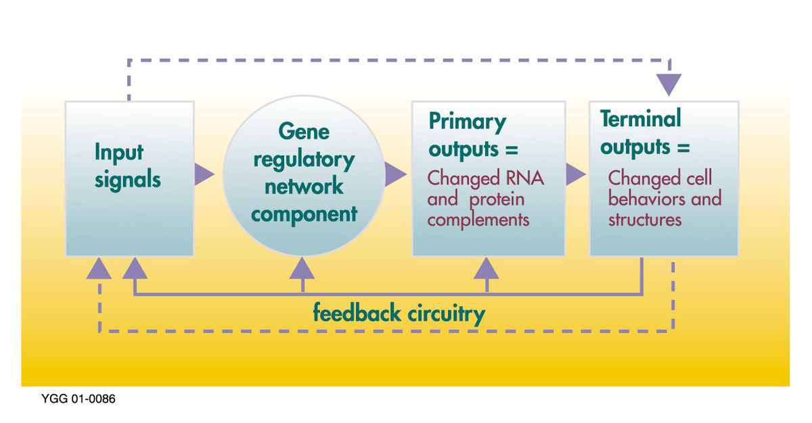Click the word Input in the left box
pyautogui.click(x=119, y=152)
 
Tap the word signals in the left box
pyautogui.click(x=128, y=180)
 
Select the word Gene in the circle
pyautogui.click(x=304, y=131)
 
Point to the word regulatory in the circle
pyautogui.click(x=304, y=159)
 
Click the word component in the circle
pyautogui.click(x=304, y=215)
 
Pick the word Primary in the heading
pyautogui.click(x=468, y=122)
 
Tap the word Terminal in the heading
pyautogui.click(x=641, y=118)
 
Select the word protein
pyautogui.click(x=497, y=200)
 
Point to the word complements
pyautogui.click(x=478, y=220)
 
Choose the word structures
pyautogui.click(x=645, y=220)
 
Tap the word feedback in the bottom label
pyautogui.click(x=357, y=313)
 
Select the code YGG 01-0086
pyautogui.click(x=78, y=399)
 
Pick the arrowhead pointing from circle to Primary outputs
pyautogui.click(x=395, y=174)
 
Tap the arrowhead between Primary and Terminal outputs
pyautogui.click(x=575, y=174)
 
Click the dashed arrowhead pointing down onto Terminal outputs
pyautogui.click(x=669, y=84)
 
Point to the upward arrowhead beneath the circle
pyautogui.click(x=302, y=268)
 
